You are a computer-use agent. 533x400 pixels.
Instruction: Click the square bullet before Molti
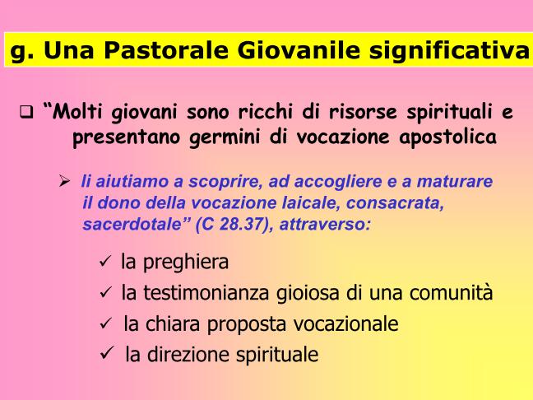pos(26,112)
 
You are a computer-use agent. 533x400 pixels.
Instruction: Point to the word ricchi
pos(265,111)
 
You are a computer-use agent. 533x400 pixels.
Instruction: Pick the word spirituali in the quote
pos(449,113)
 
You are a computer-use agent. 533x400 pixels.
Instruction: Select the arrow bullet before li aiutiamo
pos(64,180)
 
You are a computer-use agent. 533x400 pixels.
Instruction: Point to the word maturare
pos(455,181)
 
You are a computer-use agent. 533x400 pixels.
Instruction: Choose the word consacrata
pos(395,203)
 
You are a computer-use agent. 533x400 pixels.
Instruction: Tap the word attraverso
pos(325,225)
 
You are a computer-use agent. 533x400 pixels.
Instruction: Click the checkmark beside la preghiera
pos(105,262)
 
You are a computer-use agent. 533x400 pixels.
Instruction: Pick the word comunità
pos(451,292)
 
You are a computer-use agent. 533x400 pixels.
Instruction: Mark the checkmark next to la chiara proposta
pos(106,323)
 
